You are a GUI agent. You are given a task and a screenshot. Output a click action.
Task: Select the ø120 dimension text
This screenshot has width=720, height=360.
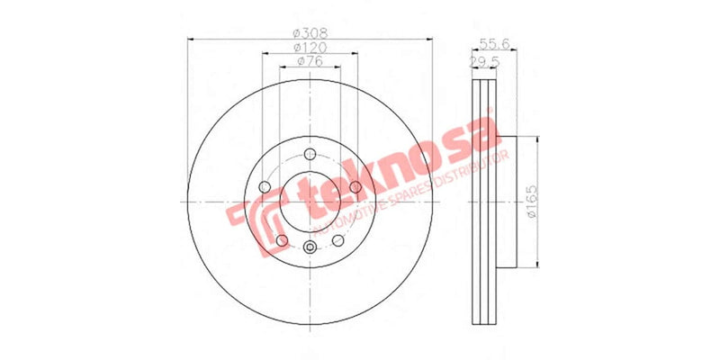(310, 46)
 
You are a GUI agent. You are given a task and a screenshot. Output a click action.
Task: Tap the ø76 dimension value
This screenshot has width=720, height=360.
(310, 62)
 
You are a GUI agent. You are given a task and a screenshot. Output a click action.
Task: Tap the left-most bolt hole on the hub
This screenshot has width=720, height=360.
(265, 187)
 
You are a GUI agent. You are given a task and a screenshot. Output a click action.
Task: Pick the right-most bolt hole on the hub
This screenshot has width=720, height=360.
(355, 186)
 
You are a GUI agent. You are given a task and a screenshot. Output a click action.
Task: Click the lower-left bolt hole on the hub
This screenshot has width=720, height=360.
(282, 240)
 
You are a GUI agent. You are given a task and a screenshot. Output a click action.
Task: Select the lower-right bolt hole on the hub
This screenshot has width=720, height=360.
(337, 240)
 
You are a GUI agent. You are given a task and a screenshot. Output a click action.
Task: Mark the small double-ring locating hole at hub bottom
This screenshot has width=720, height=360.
(310, 248)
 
